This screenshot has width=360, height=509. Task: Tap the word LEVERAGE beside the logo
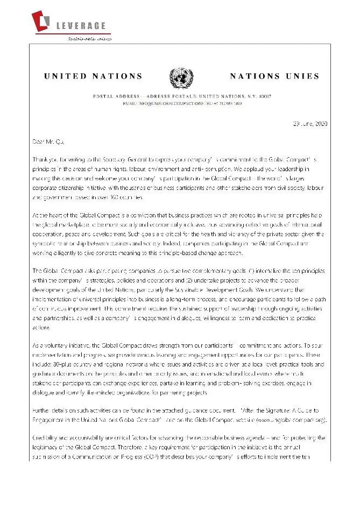coord(81,26)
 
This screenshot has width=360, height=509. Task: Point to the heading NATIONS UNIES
coord(274,76)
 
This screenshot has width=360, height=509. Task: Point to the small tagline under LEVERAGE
coord(82,39)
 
